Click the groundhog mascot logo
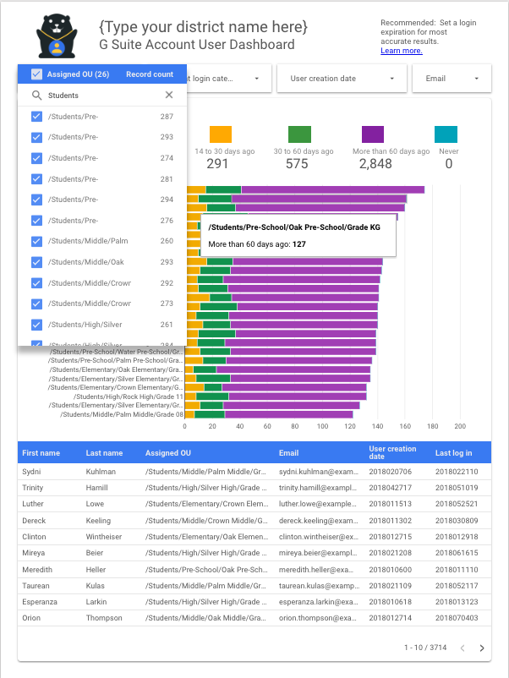pyautogui.click(x=57, y=36)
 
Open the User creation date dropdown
pyautogui.click(x=342, y=79)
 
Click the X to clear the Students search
pyautogui.click(x=169, y=96)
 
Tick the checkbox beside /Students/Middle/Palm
pyautogui.click(x=36, y=241)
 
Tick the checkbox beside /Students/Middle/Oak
pyautogui.click(x=36, y=262)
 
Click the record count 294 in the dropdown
pyautogui.click(x=167, y=200)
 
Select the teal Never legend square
pyautogui.click(x=446, y=134)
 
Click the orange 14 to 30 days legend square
pyautogui.click(x=220, y=134)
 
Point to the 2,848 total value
pyautogui.click(x=375, y=164)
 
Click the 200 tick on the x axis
pyautogui.click(x=460, y=427)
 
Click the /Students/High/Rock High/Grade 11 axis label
pyautogui.click(x=129, y=396)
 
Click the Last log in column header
pyautogui.click(x=453, y=453)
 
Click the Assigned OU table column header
pyautogui.click(x=168, y=453)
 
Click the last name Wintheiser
pyautogui.click(x=105, y=537)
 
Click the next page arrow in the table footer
pyautogui.click(x=482, y=648)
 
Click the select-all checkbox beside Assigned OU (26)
pyautogui.click(x=36, y=74)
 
